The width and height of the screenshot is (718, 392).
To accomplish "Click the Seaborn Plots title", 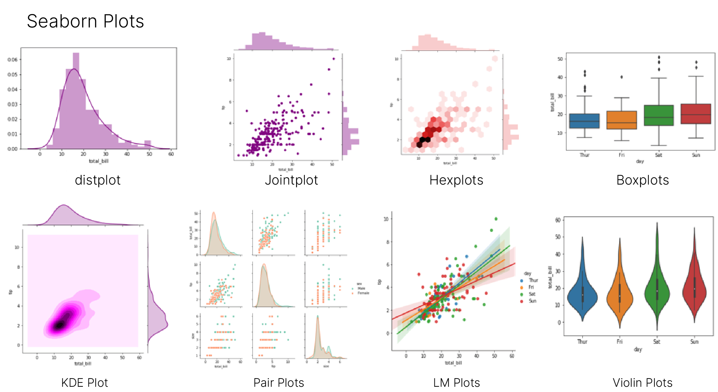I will point(85,22).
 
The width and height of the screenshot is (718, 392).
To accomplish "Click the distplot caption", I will point(98,180).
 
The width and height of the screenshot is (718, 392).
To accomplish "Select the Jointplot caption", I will point(291,180).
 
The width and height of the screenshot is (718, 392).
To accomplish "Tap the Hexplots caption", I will point(456,180).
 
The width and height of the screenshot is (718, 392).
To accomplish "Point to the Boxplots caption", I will point(642,180).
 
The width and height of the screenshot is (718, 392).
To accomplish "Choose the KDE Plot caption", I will point(85,383).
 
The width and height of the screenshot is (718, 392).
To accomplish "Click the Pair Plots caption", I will point(279,383).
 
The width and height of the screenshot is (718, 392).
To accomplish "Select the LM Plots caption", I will point(456,383).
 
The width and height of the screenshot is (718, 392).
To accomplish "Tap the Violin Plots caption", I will point(642,383).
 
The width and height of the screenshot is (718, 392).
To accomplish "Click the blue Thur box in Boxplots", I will point(584,121).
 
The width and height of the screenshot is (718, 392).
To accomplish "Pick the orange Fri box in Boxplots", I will point(621,120).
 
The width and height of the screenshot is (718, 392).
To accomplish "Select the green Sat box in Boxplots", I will point(659,115).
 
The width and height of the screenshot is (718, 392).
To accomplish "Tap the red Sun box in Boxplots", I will point(696,114).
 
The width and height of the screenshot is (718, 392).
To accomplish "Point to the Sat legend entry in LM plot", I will point(529,294).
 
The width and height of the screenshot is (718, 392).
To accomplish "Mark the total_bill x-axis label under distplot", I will point(99,161).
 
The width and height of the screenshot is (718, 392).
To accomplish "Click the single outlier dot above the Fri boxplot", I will point(621,77).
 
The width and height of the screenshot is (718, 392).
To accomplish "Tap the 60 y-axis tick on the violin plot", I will point(558,220).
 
